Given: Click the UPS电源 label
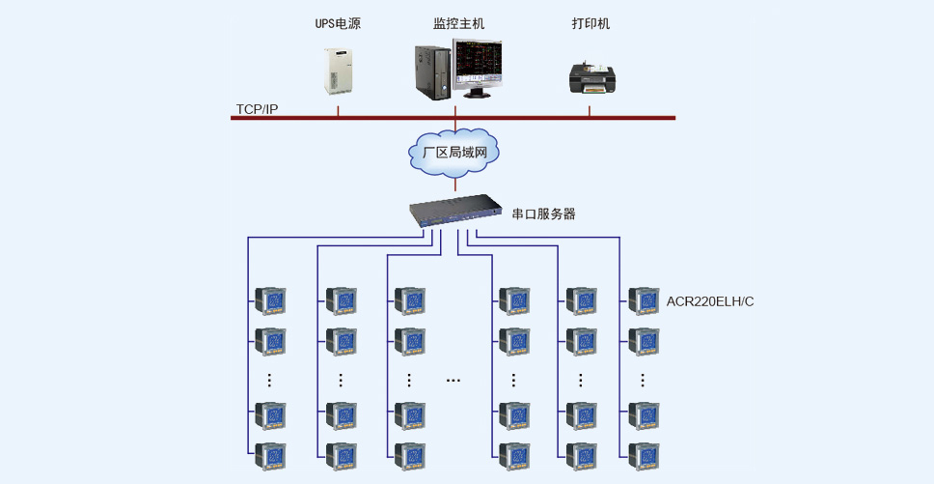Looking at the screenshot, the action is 338,24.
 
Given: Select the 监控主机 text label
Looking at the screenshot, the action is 458,24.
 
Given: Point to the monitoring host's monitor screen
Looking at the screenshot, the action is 477,64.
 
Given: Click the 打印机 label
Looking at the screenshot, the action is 591,24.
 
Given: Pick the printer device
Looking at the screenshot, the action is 592,78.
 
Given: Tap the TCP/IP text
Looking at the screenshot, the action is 258,109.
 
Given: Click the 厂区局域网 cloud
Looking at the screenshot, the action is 453,152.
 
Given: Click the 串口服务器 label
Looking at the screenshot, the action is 544,214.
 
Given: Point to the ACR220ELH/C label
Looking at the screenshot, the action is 710,301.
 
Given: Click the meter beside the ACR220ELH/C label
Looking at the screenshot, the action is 644,301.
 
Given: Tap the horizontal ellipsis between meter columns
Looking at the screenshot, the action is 453,380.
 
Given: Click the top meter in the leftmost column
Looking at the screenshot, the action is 270,301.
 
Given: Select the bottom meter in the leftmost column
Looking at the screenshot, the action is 270,457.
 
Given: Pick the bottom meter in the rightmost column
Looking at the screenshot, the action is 644,457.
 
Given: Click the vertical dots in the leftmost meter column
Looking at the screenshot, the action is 269,380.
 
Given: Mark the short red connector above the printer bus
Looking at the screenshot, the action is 590,111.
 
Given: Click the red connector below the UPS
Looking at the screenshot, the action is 339,111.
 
